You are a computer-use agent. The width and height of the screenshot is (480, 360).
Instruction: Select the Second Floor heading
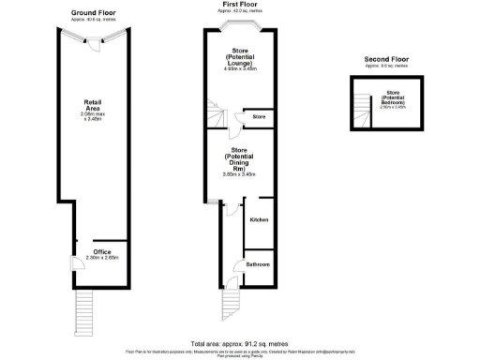tap(386, 59)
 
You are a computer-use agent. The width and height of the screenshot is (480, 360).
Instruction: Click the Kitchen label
tap(259, 219)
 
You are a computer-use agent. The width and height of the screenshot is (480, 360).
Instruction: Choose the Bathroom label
tap(258, 265)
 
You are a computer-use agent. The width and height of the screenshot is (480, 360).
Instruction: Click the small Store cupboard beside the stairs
tap(259, 117)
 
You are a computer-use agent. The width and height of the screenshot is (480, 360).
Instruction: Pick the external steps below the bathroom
tap(232, 303)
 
